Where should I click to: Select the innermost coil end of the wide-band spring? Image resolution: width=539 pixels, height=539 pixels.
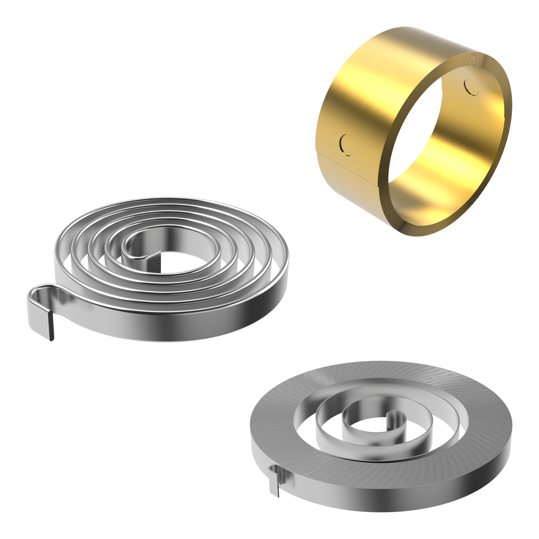[x=395, y=415]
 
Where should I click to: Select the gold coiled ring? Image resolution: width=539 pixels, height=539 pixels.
[x=413, y=130]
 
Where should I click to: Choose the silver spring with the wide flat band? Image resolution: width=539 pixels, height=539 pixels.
[x=382, y=436]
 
